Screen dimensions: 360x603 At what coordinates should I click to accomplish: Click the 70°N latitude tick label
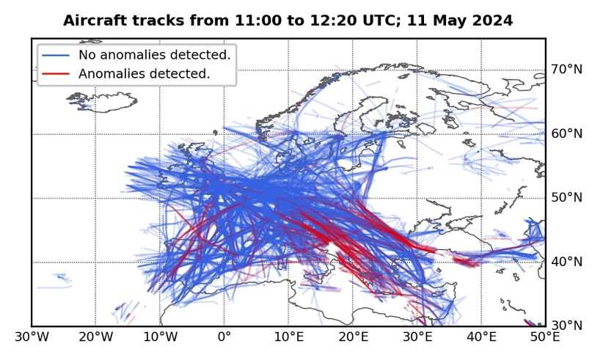pyautogui.click(x=566, y=70)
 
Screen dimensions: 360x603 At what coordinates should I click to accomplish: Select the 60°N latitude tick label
pyautogui.click(x=566, y=133)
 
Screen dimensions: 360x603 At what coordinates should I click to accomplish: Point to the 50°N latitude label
pyautogui.click(x=566, y=198)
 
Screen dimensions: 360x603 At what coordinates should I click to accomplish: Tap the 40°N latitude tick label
pyautogui.click(x=566, y=262)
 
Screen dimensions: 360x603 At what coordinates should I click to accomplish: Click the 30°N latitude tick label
pyautogui.click(x=566, y=326)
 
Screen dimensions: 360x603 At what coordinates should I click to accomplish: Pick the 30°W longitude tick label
pyautogui.click(x=32, y=338)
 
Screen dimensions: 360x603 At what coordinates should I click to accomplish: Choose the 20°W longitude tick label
pyautogui.click(x=95, y=338)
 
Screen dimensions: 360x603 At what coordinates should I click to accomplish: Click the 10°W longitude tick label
pyautogui.click(x=160, y=338)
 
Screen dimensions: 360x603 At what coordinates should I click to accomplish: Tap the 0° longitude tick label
pyautogui.click(x=224, y=338)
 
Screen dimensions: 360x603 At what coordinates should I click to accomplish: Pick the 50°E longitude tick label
pyautogui.click(x=545, y=338)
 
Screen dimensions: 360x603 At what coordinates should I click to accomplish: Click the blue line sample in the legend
pyautogui.click(x=56, y=55)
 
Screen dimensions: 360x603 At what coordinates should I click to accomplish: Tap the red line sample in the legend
pyautogui.click(x=56, y=73)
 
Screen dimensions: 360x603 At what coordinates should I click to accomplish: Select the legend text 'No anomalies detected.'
pyautogui.click(x=154, y=55)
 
